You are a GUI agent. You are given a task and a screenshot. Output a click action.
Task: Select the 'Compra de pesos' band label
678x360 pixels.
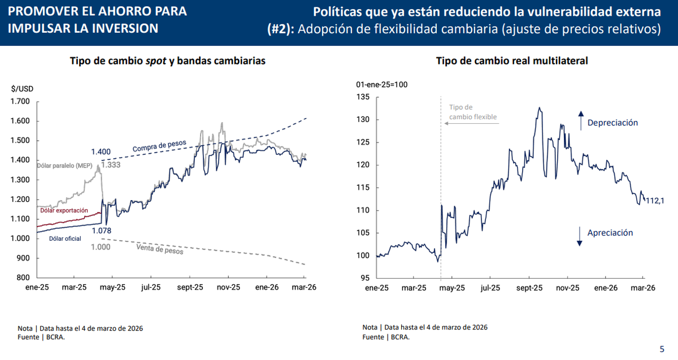[x=160, y=145]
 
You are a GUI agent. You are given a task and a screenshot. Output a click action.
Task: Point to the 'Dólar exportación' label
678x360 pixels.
[x=64, y=210]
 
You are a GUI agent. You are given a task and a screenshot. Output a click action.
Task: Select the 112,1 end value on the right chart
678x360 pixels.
[x=655, y=201]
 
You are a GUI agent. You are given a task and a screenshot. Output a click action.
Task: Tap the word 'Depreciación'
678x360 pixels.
[x=612, y=123]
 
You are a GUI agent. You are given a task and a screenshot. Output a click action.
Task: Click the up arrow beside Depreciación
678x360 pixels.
[x=580, y=121]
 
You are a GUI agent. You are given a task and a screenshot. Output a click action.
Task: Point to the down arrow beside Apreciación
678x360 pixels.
[x=580, y=235]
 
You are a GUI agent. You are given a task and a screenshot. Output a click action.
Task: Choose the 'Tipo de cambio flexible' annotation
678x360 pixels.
[x=472, y=112]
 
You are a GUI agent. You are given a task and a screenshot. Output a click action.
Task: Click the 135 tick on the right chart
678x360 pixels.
[x=363, y=97]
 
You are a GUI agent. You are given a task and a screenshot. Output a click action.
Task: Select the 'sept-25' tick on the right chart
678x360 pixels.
[x=529, y=288]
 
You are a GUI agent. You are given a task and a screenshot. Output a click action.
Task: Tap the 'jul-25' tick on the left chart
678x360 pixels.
[x=151, y=287]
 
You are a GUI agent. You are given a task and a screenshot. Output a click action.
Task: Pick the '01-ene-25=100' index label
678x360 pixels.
[x=382, y=85]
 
